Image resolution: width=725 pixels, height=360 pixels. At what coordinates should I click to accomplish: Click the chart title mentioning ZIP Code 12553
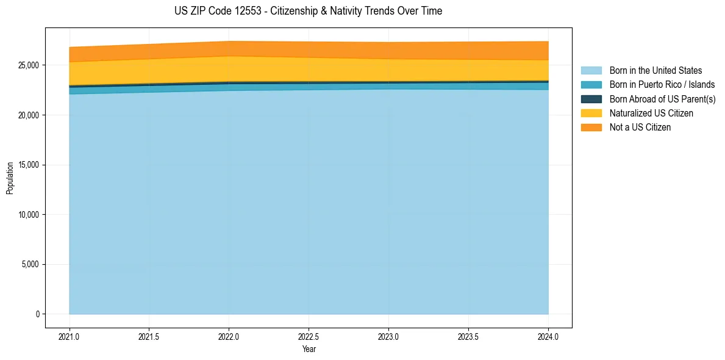pos(308,11)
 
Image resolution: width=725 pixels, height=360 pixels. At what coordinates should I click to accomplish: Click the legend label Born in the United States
pos(655,71)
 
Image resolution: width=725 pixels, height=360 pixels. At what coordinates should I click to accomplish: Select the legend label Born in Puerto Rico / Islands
pos(662,85)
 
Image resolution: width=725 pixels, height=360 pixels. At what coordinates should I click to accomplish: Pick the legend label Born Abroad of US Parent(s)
pos(662,99)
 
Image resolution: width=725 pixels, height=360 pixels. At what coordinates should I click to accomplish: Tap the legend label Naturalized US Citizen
pos(651,113)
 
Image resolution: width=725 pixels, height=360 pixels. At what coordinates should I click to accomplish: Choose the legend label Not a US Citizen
pos(640,128)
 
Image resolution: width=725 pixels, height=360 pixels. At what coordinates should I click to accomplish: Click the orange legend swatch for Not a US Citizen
pos(591,128)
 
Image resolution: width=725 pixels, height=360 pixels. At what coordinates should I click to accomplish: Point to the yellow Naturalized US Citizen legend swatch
pos(591,113)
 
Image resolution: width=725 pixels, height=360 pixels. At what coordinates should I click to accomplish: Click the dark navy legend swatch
pos(591,99)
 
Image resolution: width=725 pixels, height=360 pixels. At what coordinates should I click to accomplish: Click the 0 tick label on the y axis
pos(37,314)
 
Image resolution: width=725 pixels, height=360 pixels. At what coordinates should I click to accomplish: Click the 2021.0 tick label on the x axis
pos(70,336)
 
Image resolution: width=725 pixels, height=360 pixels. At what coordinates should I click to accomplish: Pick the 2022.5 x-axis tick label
pos(309,336)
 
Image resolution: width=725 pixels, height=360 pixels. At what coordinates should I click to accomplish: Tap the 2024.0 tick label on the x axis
pos(548,336)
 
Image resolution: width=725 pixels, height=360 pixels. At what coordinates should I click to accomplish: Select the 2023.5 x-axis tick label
pos(468,336)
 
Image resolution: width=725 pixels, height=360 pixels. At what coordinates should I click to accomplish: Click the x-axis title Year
pos(309,350)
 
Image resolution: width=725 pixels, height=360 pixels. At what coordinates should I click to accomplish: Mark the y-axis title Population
pos(10,178)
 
